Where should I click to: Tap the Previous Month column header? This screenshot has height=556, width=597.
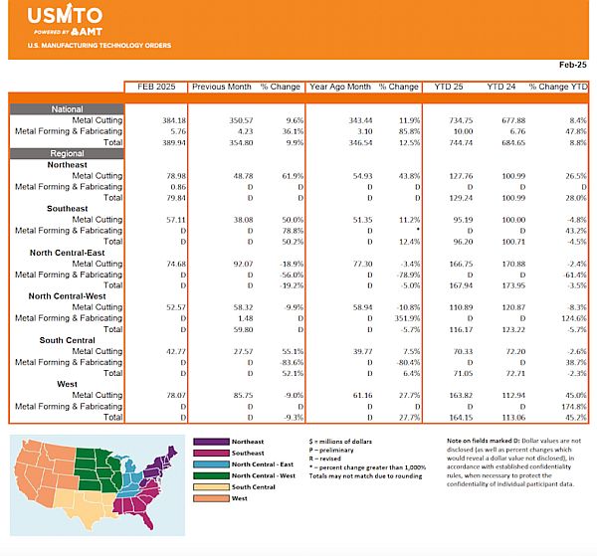pos(219,87)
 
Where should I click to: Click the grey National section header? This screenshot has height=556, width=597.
pos(67,109)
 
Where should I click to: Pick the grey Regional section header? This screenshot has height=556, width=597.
pos(67,153)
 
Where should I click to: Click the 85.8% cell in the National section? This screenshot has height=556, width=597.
pos(404,131)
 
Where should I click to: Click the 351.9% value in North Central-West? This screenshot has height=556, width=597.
pos(404,318)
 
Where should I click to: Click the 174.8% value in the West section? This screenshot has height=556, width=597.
pos(571,406)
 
